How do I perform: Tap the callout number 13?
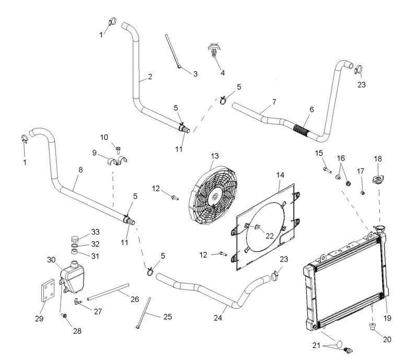click(x=214, y=156)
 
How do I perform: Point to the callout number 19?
click(x=387, y=317)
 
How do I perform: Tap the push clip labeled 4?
click(x=214, y=51)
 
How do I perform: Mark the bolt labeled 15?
click(x=326, y=169)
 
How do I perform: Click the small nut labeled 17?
click(x=362, y=192)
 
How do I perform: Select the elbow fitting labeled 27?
click(x=77, y=301)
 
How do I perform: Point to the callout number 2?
click(x=149, y=77)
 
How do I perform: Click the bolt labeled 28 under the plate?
click(x=65, y=316)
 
